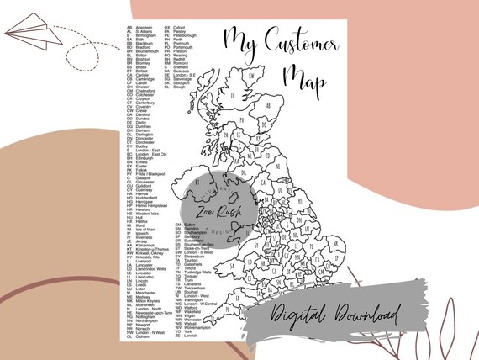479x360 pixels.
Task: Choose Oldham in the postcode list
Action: [145, 336]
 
